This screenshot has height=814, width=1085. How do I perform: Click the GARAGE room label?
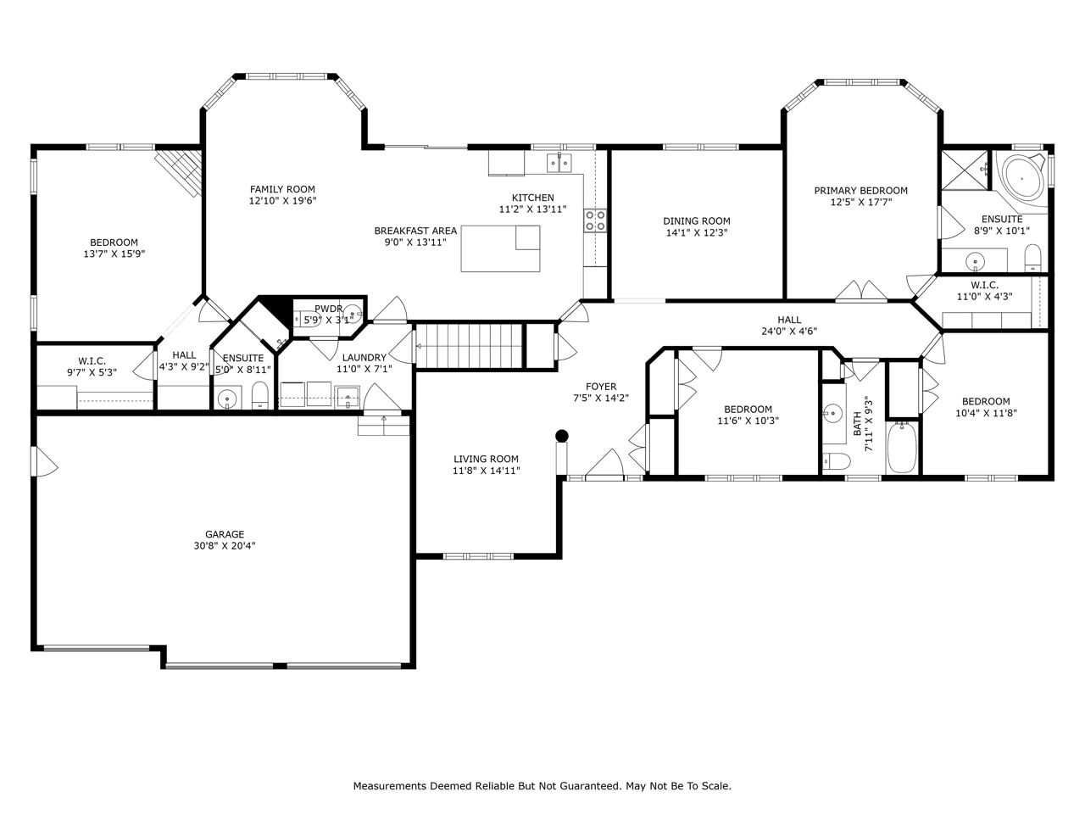[x=225, y=534]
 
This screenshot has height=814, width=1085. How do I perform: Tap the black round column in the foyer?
[x=561, y=436]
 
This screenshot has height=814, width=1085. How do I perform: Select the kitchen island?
[x=500, y=248]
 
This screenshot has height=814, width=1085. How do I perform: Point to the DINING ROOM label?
[x=697, y=221]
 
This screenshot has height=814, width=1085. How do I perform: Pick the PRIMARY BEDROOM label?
[x=860, y=190]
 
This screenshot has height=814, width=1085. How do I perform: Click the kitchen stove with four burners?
[x=595, y=220]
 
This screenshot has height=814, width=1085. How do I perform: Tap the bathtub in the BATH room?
[x=902, y=448]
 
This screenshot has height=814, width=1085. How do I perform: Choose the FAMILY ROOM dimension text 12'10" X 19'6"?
[x=282, y=201]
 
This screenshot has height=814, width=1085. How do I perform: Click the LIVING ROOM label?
[x=486, y=459]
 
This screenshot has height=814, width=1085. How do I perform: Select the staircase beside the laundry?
[x=469, y=345]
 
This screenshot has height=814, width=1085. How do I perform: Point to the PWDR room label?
[x=328, y=309]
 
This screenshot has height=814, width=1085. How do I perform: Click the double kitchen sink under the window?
[x=559, y=163]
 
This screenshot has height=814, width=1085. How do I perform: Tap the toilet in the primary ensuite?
[x=1032, y=258]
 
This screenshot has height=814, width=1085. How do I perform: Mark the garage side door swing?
[x=45, y=461]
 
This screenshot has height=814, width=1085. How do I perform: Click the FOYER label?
[x=601, y=387]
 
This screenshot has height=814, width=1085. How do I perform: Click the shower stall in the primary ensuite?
[x=965, y=170]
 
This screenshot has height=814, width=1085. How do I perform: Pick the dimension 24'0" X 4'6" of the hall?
[x=789, y=332]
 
